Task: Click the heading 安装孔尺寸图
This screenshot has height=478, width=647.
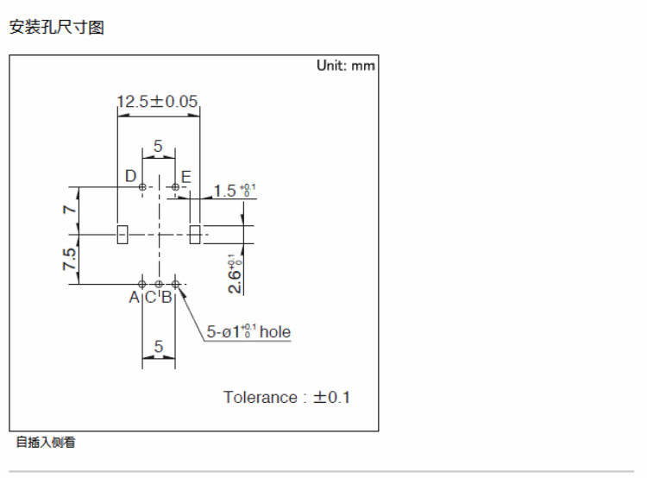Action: pos(56,28)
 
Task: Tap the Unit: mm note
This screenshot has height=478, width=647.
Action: pos(346,66)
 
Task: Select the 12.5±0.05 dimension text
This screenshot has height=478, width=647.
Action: pos(158,102)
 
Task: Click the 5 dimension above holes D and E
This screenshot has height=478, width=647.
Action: pos(158,147)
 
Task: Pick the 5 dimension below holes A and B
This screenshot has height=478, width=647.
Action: pos(159,347)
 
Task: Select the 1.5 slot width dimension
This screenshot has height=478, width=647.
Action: pos(229,191)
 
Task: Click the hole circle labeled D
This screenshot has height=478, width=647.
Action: pos(142,187)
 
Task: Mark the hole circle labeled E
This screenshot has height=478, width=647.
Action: pos(175,187)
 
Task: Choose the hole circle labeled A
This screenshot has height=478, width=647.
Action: pos(142,283)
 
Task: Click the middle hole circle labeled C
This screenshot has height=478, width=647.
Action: pos(159,283)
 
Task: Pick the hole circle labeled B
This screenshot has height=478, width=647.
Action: pos(175,283)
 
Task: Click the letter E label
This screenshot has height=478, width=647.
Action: pos(186,177)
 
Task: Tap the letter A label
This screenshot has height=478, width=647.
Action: pos(134,298)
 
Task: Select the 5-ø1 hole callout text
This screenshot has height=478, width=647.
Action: pos(248,332)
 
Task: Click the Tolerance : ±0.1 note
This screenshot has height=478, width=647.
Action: pos(287,397)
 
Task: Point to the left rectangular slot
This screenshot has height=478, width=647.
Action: pos(122,234)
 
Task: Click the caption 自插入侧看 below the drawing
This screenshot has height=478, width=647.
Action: pos(46,443)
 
